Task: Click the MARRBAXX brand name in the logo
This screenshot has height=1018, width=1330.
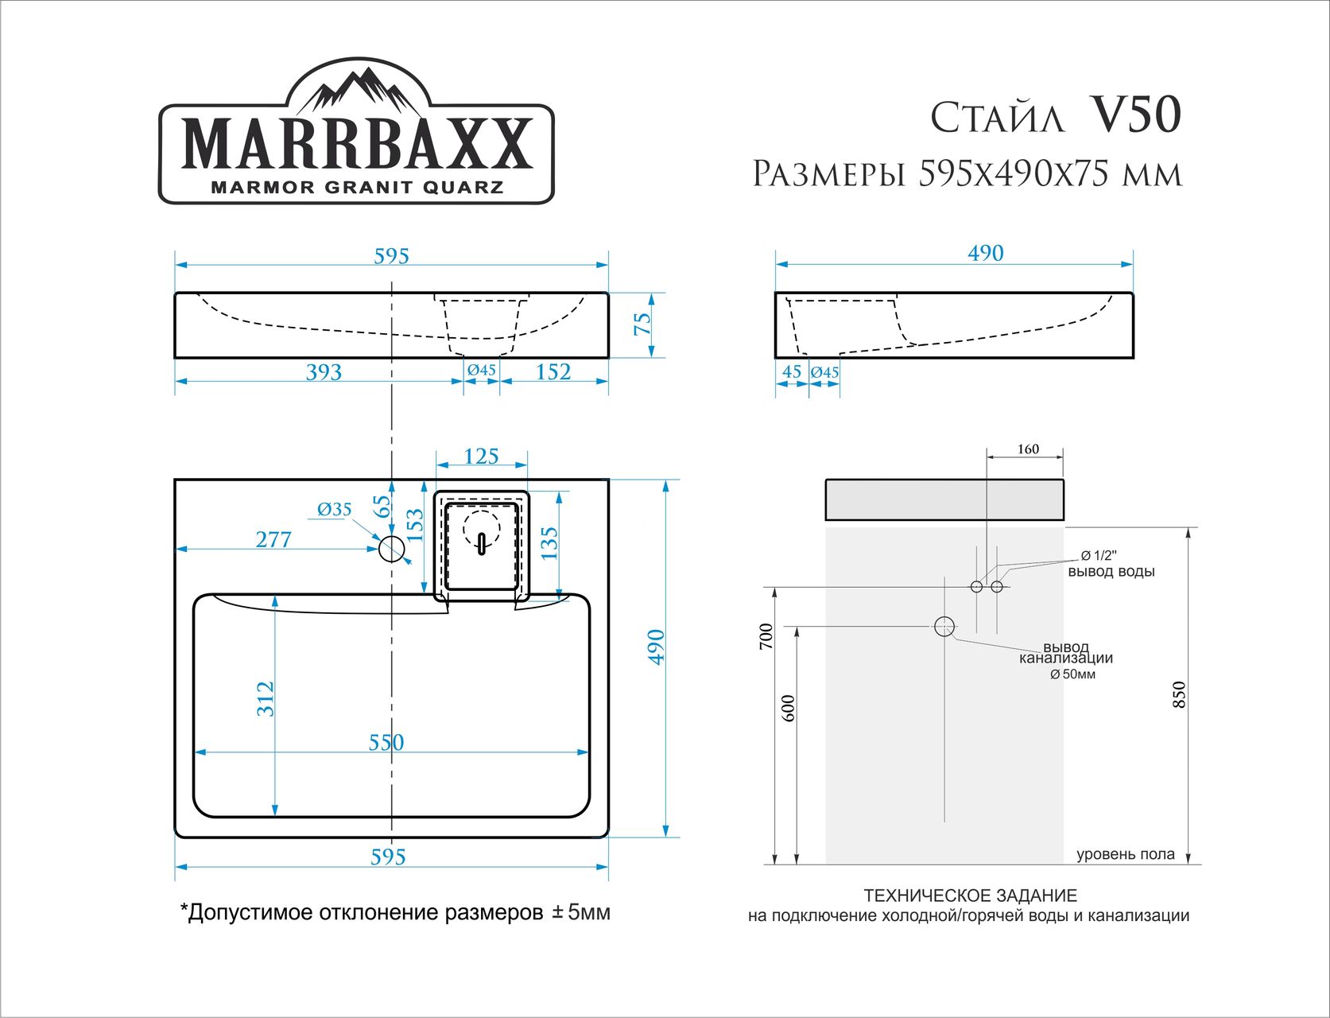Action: click(357, 145)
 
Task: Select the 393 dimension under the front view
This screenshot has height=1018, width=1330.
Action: click(324, 372)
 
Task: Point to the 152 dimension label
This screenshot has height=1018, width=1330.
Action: click(553, 372)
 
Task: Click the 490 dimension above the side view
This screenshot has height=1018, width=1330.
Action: click(985, 254)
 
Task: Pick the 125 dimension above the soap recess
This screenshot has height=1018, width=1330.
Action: click(481, 457)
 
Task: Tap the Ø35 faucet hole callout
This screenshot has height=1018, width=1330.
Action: click(334, 510)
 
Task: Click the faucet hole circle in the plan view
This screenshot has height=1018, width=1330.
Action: click(391, 549)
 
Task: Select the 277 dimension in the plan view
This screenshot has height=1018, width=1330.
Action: click(273, 539)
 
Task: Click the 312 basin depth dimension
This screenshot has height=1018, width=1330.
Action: click(266, 698)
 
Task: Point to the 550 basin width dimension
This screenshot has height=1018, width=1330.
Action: click(386, 742)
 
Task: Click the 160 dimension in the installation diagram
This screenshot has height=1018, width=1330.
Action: click(1028, 449)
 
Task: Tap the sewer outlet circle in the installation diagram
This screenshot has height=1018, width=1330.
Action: click(944, 627)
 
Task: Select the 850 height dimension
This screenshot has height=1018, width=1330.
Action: click(1179, 695)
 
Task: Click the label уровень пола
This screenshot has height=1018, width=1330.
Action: click(1125, 855)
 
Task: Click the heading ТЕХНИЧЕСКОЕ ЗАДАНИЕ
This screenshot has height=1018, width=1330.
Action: click(970, 896)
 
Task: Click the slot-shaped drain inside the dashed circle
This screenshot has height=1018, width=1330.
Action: click(481, 544)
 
